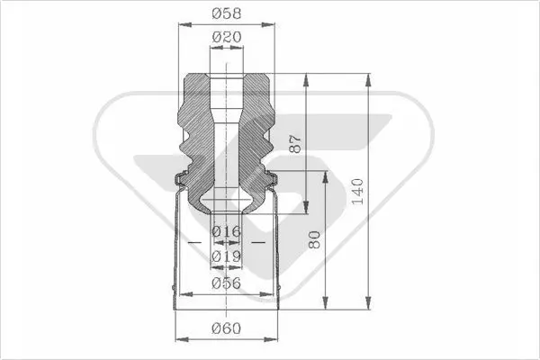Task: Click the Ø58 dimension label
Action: (x=227, y=13)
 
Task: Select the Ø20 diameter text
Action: (x=227, y=37)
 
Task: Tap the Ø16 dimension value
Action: (x=226, y=231)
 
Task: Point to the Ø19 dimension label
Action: (x=226, y=256)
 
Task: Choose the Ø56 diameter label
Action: (x=226, y=283)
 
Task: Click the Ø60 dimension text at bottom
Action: (x=226, y=328)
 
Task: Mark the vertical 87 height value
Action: (x=295, y=144)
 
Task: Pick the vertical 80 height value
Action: (x=314, y=239)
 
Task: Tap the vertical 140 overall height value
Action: (x=358, y=191)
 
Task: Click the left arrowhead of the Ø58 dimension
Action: (x=184, y=24)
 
